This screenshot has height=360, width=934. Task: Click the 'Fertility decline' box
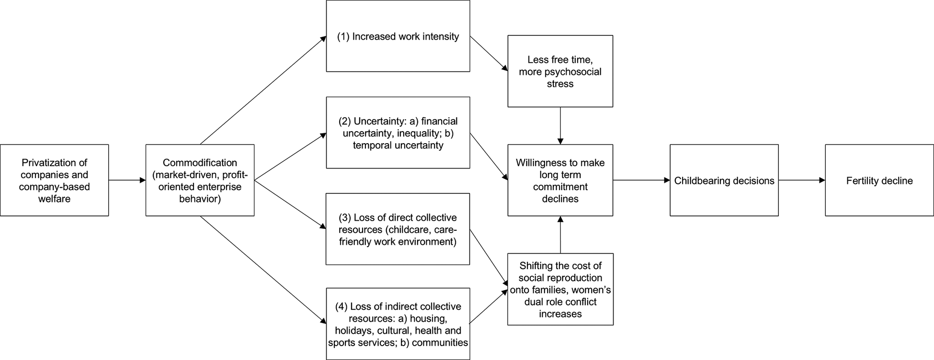[879, 180]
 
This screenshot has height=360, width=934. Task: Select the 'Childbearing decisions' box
[724, 180]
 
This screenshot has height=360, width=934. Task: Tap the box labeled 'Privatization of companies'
[54, 180]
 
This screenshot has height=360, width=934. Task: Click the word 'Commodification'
[200, 163]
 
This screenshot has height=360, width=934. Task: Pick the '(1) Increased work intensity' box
[398, 36]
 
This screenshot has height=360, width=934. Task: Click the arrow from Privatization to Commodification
[127, 180]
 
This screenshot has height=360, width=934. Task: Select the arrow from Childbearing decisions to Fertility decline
[801, 180]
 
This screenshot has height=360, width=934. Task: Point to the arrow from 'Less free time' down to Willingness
[560, 125]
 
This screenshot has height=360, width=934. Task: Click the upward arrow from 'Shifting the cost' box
[560, 235]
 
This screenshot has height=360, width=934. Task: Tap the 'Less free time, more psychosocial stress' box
[560, 71]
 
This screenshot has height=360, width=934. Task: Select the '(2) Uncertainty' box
[398, 133]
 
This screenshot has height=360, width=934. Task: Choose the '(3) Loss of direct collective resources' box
[398, 229]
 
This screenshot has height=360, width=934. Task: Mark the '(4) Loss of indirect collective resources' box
[398, 324]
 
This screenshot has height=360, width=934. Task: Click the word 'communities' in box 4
[440, 343]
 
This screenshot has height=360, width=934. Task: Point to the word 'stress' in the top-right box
[560, 84]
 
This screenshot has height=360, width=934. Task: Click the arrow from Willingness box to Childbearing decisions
[641, 180]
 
